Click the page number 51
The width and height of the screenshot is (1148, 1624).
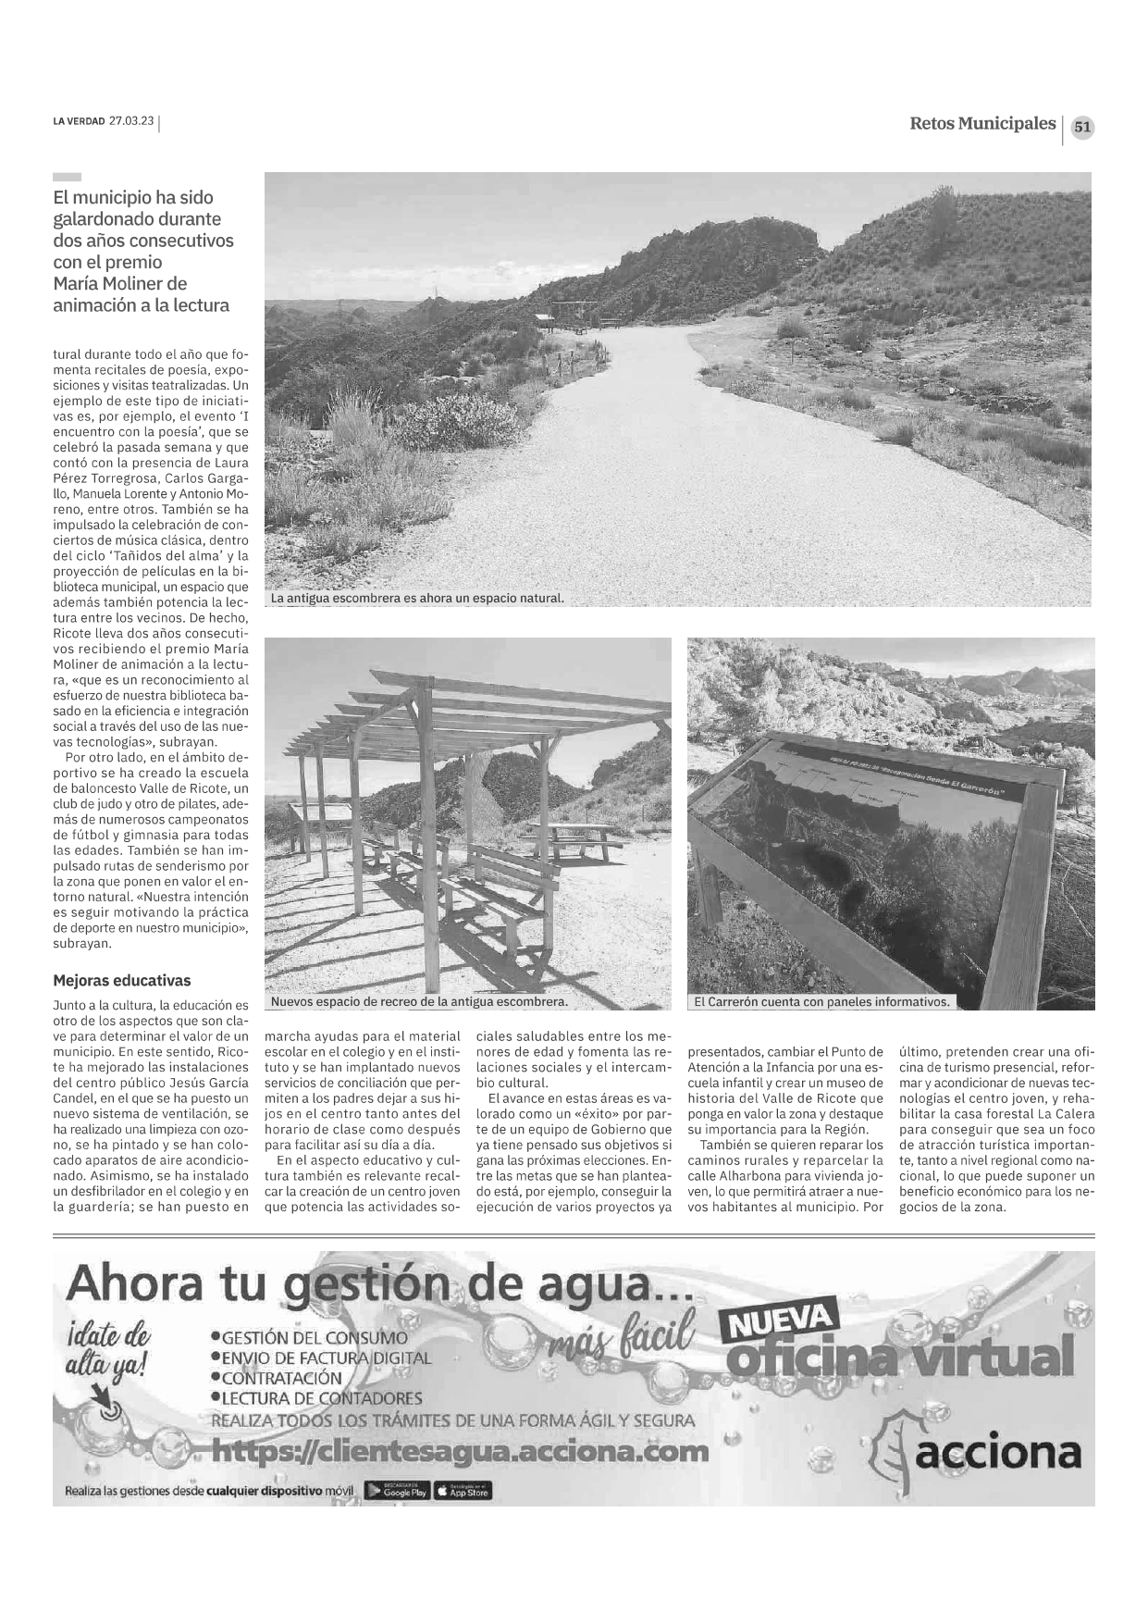(1082, 128)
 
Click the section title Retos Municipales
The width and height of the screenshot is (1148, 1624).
(981, 124)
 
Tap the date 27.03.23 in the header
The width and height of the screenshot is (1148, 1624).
(131, 121)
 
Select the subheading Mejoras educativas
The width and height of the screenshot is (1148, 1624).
(122, 981)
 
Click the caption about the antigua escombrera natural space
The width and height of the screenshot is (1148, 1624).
(417, 599)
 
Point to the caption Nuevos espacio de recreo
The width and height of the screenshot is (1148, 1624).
(419, 1001)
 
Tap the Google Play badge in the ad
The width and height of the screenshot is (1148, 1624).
(397, 1491)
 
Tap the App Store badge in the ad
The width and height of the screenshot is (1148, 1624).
(463, 1491)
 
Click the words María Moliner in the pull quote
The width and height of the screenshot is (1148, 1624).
(119, 283)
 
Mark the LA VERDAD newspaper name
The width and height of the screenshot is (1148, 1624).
(79, 121)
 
